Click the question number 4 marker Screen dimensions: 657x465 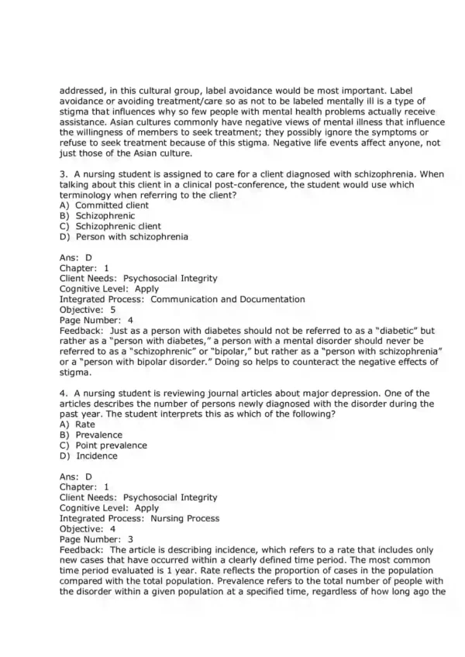(x=63, y=394)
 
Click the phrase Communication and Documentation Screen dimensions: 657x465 (x=228, y=299)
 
